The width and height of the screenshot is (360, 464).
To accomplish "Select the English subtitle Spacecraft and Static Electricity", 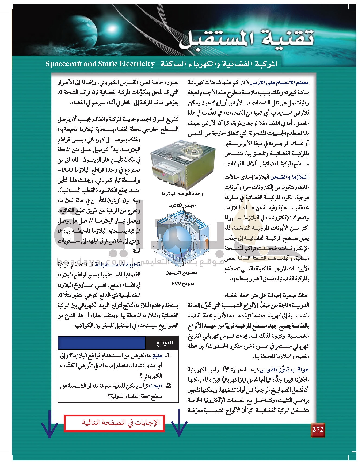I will pyautogui.click(x=100, y=64).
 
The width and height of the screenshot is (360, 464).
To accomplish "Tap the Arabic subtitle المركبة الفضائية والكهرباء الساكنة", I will pyautogui.click(x=219, y=64).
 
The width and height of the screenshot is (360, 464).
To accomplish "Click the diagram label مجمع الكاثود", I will pyautogui.click(x=183, y=205).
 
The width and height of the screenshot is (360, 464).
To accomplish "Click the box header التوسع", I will pyautogui.click(x=165, y=343).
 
